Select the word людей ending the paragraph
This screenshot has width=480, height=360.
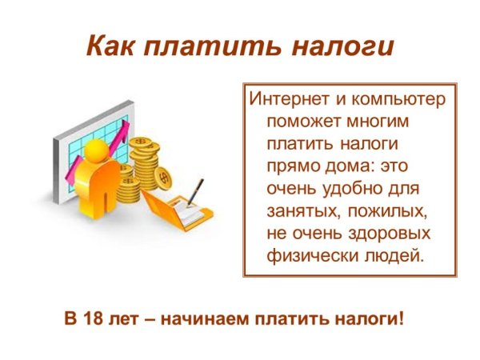391,256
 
